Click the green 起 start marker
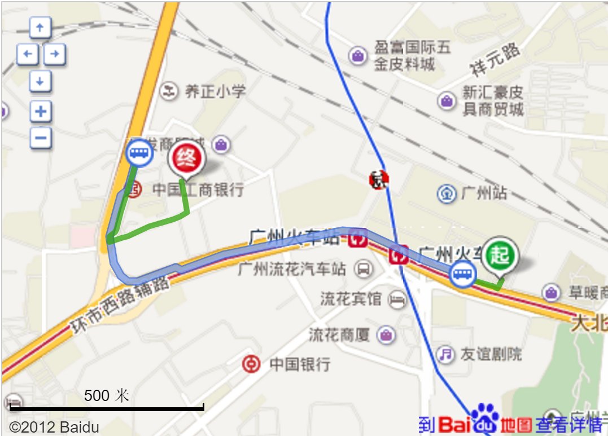[500, 254]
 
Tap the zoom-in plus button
[40, 111]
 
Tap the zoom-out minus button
[40, 138]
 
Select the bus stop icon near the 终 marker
[139, 152]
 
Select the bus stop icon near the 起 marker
[463, 275]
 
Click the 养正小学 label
[215, 91]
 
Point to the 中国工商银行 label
[198, 190]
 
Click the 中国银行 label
[299, 364]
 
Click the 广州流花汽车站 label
[292, 269]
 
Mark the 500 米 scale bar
[107, 406]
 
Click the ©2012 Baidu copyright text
[54, 426]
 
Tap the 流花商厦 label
[339, 335]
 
